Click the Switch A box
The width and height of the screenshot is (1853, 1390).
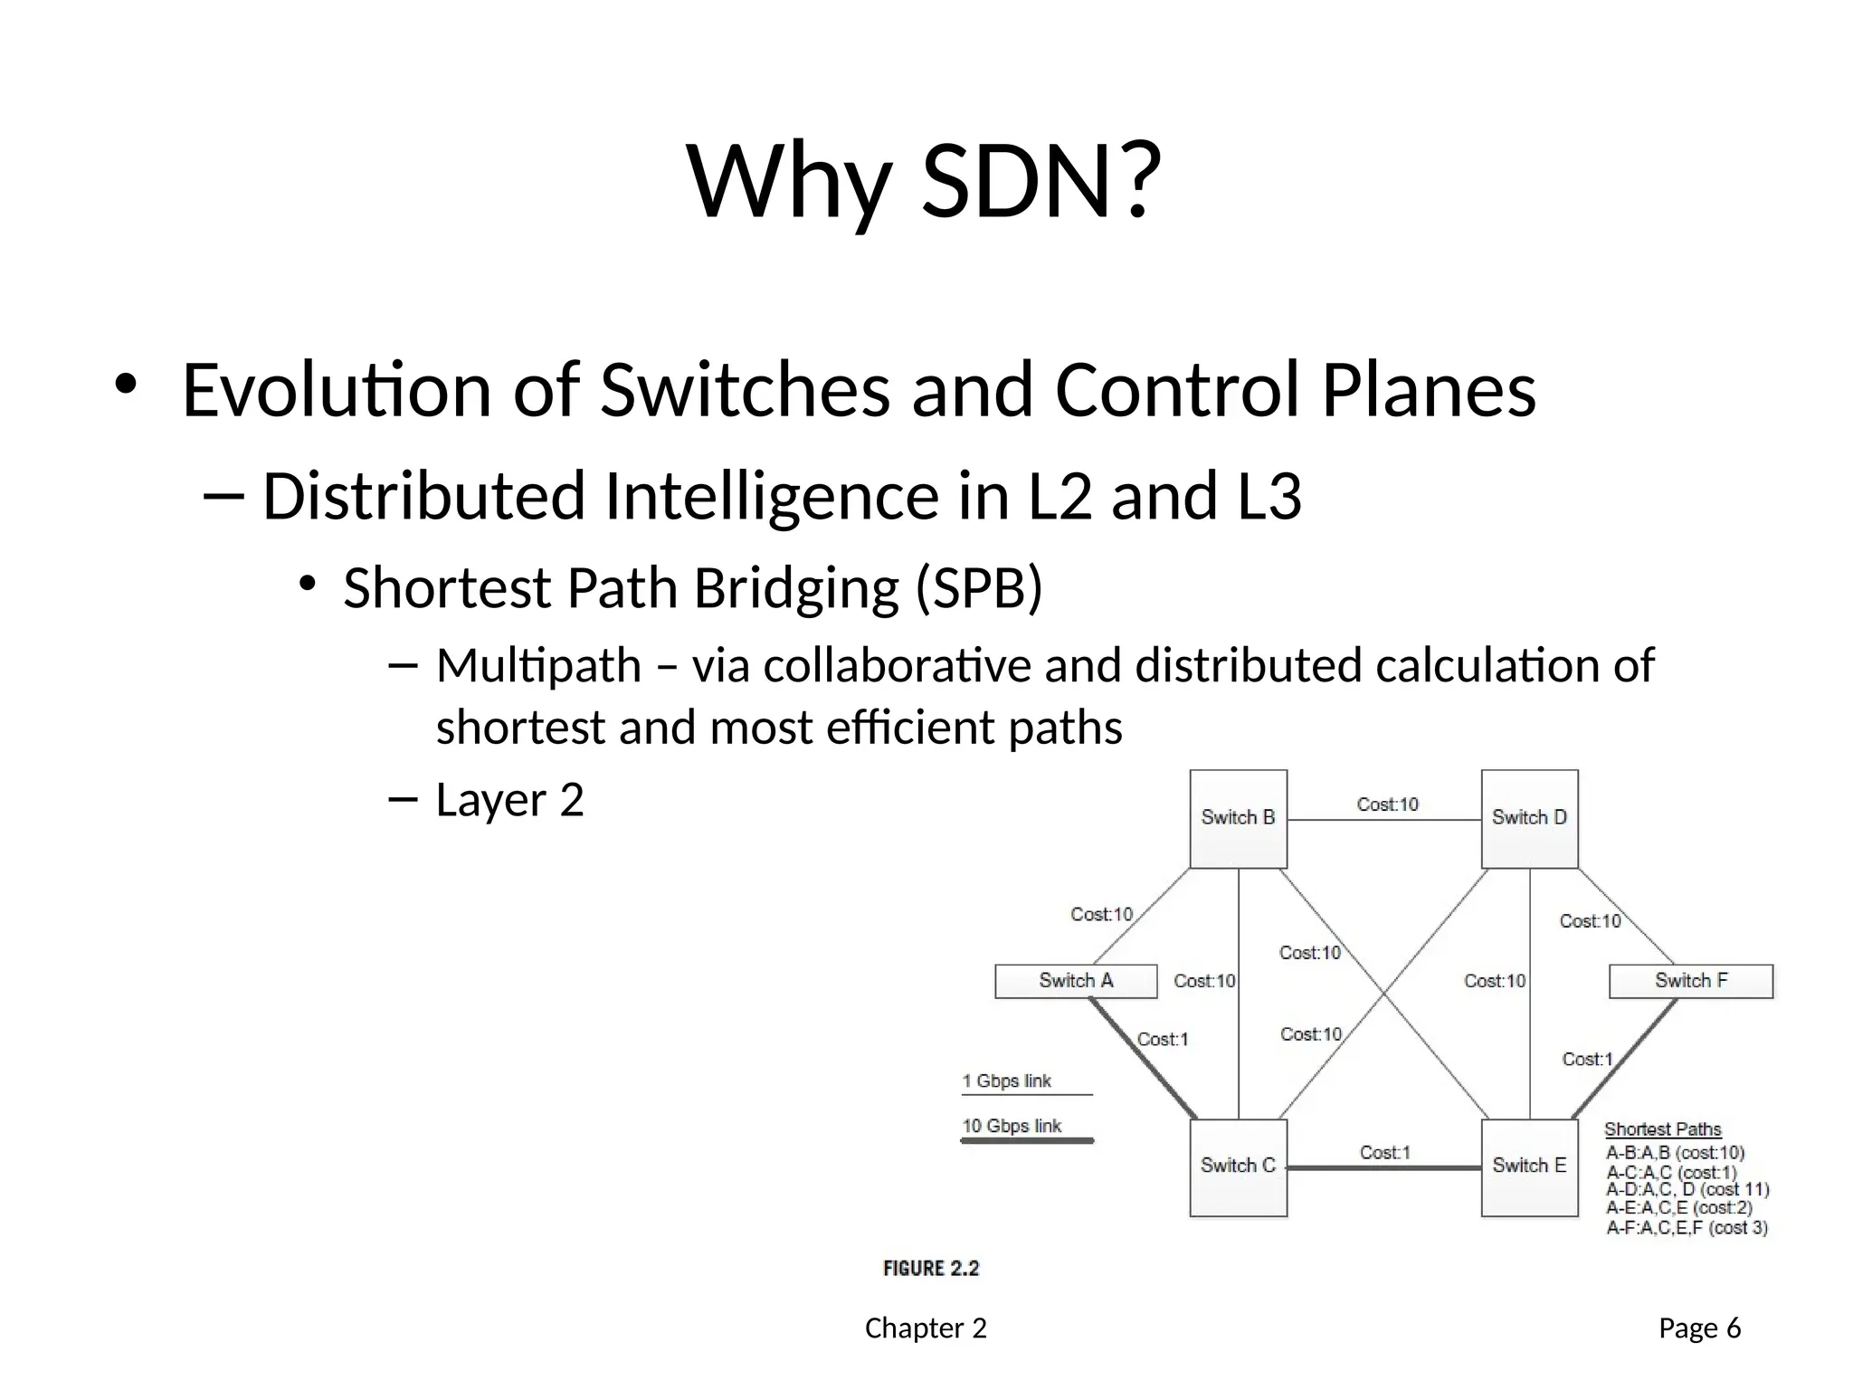tap(1076, 981)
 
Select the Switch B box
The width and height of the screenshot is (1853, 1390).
tap(1238, 818)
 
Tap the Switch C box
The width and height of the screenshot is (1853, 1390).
tap(1238, 1166)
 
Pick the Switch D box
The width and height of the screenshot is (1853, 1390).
tap(1529, 818)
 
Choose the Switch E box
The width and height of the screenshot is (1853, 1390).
tap(1529, 1166)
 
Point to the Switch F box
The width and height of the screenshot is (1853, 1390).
tap(1690, 981)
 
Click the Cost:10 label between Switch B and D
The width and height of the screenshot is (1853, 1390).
tap(1387, 804)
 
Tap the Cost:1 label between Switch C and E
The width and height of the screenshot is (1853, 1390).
tap(1384, 1152)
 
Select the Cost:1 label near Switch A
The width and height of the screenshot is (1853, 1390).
tap(1162, 1039)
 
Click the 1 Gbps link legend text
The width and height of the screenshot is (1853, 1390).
tap(1006, 1081)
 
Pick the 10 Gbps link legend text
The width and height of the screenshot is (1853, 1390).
tap(1012, 1126)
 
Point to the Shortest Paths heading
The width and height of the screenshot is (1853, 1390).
tap(1662, 1129)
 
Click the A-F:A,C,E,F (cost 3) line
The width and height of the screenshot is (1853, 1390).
tap(1687, 1228)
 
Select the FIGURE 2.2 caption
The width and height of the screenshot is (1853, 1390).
tap(931, 1269)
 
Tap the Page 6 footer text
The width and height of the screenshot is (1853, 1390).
tap(1699, 1328)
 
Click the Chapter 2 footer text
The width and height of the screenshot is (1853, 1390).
tap(926, 1328)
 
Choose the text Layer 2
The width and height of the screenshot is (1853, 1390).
tap(509, 800)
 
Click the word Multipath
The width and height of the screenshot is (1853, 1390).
tap(538, 666)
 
